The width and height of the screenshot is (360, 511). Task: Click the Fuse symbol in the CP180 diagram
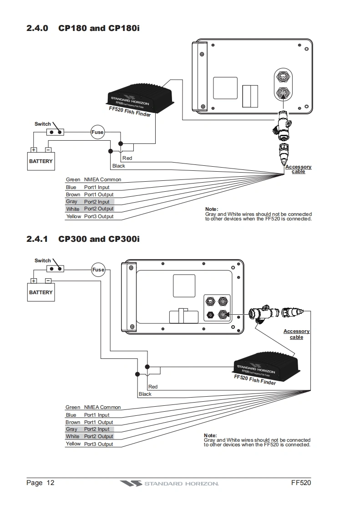pyautogui.click(x=97, y=133)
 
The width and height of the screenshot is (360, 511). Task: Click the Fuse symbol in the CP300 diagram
pyautogui.click(x=98, y=270)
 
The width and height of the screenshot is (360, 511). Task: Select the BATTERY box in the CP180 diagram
pyautogui.click(x=41, y=161)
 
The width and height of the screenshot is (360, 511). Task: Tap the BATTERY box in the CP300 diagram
pyautogui.click(x=41, y=292)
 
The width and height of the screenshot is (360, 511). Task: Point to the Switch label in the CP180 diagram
pyautogui.click(x=43, y=124)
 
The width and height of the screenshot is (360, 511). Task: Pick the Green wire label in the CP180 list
pyautogui.click(x=73, y=180)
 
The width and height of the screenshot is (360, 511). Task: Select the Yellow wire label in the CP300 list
pyautogui.click(x=73, y=444)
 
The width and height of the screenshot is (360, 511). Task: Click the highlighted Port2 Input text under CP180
pyautogui.click(x=97, y=202)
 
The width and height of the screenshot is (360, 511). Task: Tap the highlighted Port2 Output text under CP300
pyautogui.click(x=98, y=436)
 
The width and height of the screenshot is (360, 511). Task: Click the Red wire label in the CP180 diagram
pyautogui.click(x=127, y=158)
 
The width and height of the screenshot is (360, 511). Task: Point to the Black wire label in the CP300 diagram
pyautogui.click(x=145, y=394)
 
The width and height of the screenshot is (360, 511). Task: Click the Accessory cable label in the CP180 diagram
pyautogui.click(x=298, y=169)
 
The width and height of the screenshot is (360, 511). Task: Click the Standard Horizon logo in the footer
pyautogui.click(x=169, y=483)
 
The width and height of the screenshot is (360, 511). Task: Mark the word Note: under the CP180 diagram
pyautogui.click(x=212, y=209)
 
